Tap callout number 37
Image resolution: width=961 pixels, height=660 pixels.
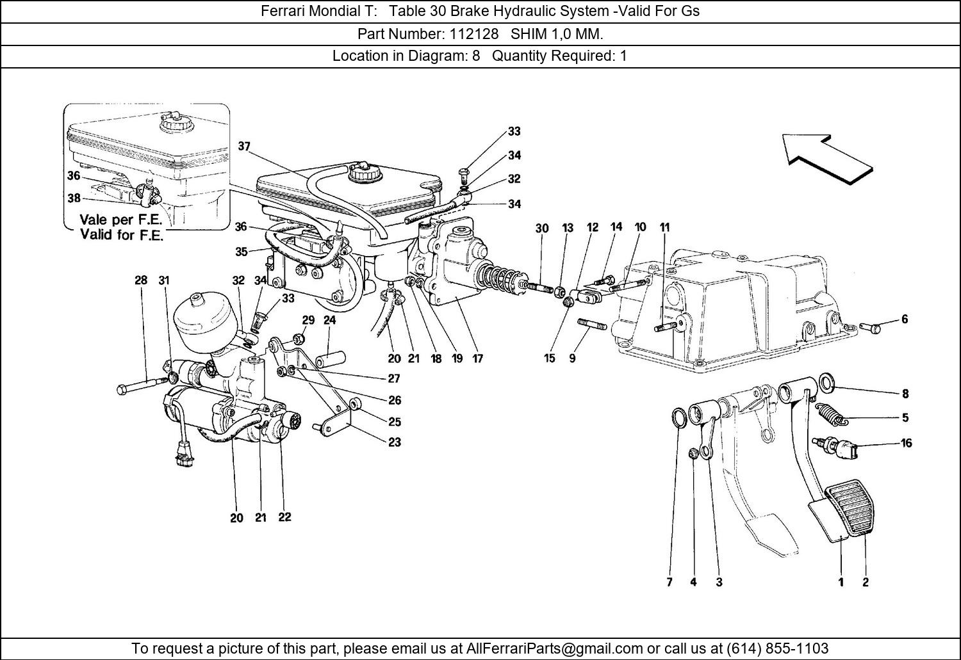(244, 146)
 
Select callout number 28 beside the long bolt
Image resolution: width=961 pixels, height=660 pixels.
(141, 280)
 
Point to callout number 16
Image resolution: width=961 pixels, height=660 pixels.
(906, 442)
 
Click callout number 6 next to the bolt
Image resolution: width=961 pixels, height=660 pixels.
(905, 319)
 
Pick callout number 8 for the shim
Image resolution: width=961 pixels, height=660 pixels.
(905, 394)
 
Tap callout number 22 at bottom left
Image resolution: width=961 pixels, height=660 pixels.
(284, 517)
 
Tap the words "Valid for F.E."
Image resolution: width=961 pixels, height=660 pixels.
(122, 234)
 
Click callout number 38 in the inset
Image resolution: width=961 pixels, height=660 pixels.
(74, 198)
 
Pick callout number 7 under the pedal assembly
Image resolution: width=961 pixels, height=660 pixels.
(669, 582)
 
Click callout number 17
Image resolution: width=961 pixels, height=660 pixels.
(477, 358)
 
